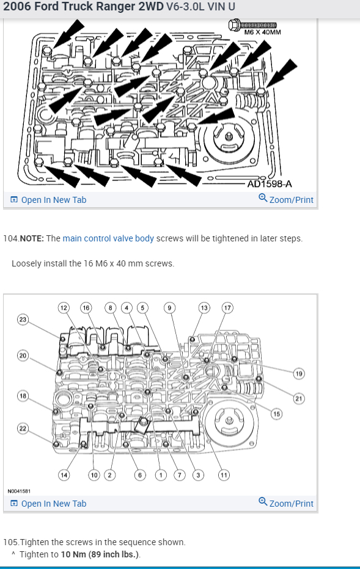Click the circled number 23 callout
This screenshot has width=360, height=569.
click(x=23, y=319)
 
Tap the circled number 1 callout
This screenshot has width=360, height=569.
click(x=161, y=475)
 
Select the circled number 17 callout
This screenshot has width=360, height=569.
click(x=227, y=308)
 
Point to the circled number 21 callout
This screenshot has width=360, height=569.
click(x=299, y=398)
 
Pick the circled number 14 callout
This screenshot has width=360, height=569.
click(x=64, y=475)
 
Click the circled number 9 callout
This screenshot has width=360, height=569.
click(x=169, y=308)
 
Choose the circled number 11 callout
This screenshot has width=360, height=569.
click(x=224, y=475)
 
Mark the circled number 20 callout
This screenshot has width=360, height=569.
click(x=23, y=356)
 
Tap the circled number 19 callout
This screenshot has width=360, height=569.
click(x=299, y=374)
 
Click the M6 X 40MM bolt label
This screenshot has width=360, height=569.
click(x=262, y=32)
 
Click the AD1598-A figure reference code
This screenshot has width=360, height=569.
click(x=270, y=184)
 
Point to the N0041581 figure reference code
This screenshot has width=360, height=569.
click(x=19, y=491)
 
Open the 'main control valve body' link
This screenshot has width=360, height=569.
click(x=108, y=238)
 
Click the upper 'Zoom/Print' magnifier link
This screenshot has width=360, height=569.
click(x=286, y=199)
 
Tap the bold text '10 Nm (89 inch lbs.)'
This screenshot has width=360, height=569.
click(x=100, y=554)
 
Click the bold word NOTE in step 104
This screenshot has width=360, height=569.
click(x=32, y=238)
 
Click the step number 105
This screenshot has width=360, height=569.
click(x=11, y=542)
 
